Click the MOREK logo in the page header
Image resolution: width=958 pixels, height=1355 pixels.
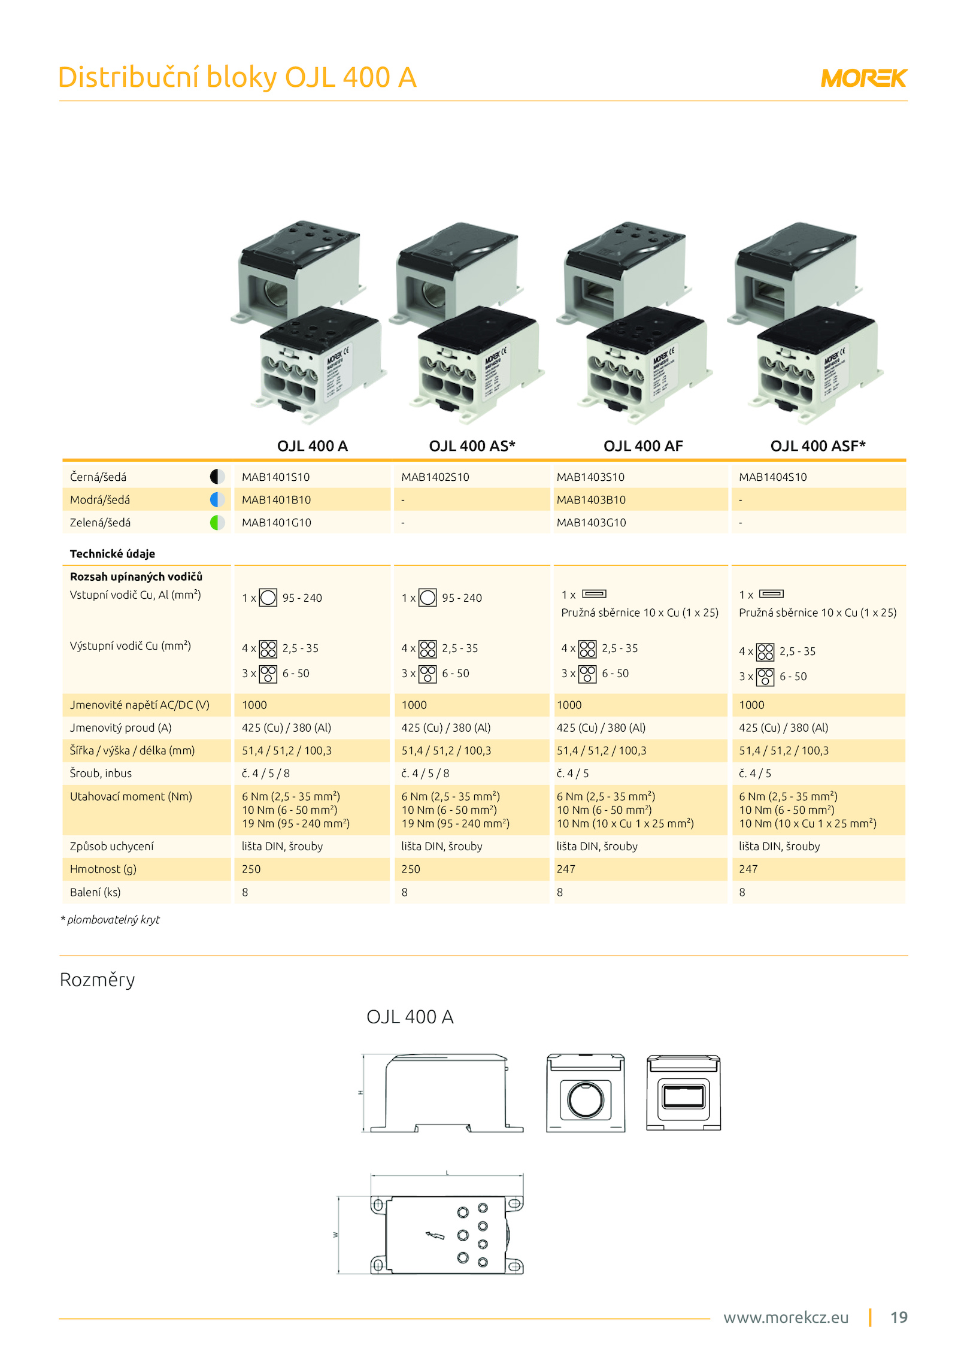pos(863,78)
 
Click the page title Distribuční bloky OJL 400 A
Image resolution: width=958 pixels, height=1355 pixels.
pos(237,78)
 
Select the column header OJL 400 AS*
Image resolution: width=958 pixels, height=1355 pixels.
pos(472,445)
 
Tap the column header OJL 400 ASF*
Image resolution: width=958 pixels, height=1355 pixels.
pos(817,445)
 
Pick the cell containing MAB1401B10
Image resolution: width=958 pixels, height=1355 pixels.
pos(276,499)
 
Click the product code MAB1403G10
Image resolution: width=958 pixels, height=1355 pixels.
pos(591,522)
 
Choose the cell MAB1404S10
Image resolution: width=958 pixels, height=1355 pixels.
pos(772,477)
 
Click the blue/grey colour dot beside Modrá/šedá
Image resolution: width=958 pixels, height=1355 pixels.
pos(217,499)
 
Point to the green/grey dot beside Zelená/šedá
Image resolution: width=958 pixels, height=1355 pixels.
pos(217,522)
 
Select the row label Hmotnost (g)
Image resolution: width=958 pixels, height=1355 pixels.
pos(103,869)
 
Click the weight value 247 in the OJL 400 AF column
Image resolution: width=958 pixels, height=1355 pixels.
pos(566,869)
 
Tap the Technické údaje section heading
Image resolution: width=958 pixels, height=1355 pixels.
pos(113,554)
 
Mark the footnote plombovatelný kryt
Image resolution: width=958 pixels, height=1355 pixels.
pos(113,920)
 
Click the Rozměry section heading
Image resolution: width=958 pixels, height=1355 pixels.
pos(97,980)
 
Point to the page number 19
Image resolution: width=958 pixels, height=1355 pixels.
pos(899,1317)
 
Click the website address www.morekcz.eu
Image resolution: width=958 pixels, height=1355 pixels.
pos(786,1317)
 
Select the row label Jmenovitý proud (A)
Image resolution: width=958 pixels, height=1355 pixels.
pos(120,727)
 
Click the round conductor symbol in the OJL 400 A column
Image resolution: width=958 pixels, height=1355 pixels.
pos(268,598)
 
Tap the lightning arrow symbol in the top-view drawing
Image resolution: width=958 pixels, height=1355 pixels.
pos(435,1235)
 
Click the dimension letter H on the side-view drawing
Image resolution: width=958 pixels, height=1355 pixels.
pos(360,1092)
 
